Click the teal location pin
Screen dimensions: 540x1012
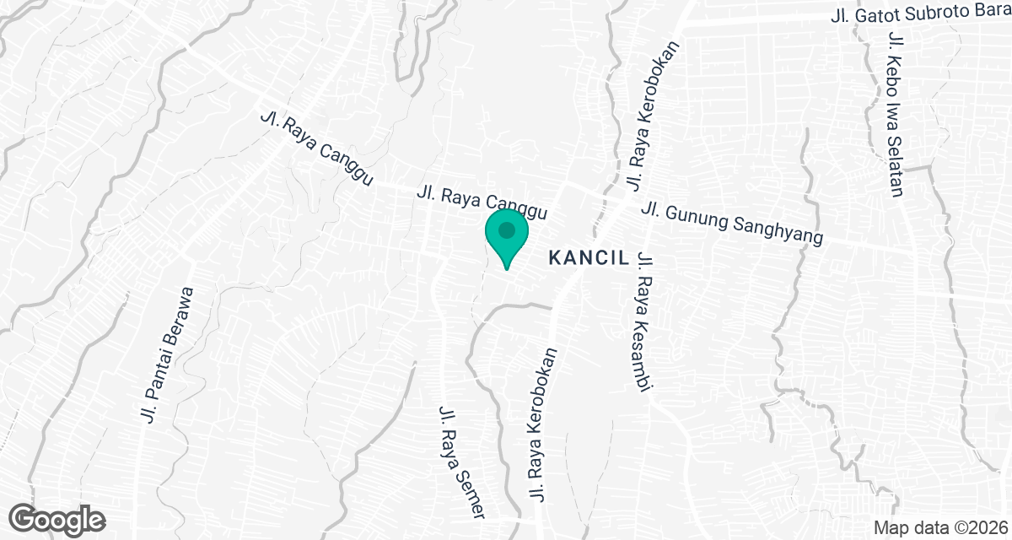tap(506, 238)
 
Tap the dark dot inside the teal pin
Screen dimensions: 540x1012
tap(506, 229)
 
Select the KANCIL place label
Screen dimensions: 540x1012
tap(589, 258)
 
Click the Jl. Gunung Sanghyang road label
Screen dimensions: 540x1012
tap(731, 224)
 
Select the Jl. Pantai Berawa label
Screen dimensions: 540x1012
tap(165, 354)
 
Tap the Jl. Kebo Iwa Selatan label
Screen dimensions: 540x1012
tap(896, 114)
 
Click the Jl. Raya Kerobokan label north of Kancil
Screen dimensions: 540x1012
tap(650, 116)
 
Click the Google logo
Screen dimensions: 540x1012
tap(57, 521)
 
